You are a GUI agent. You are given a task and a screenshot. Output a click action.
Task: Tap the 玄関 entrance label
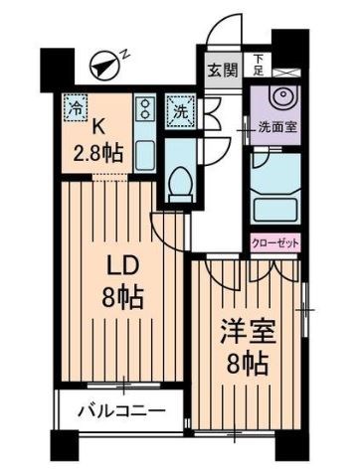click(x=222, y=71)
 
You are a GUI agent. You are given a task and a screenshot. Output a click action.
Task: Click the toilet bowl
click(x=181, y=180)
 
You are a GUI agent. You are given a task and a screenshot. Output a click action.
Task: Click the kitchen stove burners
click(x=143, y=105)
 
